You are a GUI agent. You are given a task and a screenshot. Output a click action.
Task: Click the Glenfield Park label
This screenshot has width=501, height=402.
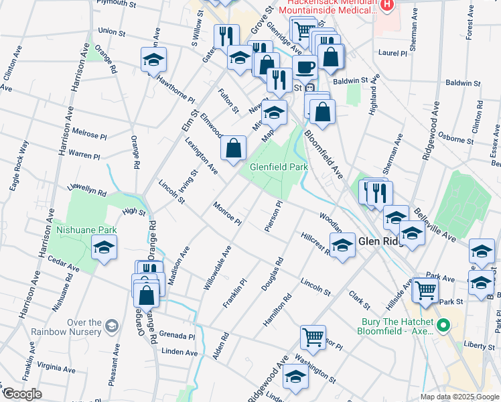click(279, 167)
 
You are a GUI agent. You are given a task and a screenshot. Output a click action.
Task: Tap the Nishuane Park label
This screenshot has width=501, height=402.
click(86, 230)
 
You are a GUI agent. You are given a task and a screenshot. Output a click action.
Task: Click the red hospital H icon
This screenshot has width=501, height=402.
click(386, 5)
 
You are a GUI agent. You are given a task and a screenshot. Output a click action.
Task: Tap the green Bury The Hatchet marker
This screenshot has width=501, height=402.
click(442, 326)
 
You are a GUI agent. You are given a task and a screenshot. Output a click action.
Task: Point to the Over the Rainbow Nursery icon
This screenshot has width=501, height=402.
click(112, 326)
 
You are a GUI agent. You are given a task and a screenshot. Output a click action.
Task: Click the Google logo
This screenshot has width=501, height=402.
click(22, 394)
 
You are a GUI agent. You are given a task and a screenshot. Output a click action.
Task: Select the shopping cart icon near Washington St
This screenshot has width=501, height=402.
click(313, 337)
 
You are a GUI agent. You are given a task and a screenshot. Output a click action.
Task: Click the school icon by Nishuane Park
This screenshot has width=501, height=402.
click(103, 248)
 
